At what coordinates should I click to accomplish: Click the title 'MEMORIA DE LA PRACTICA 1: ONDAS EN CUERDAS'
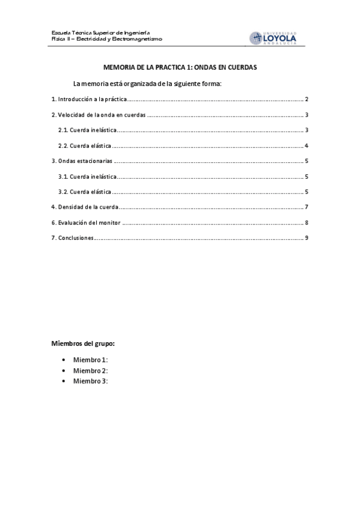[x=180, y=68]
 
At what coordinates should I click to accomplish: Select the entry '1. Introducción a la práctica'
[x=88, y=99]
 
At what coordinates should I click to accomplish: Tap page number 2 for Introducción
[x=307, y=99]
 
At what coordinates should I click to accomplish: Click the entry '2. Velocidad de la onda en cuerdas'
[x=98, y=115]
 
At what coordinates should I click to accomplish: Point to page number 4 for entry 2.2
[x=307, y=146]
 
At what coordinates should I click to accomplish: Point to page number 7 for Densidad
[x=307, y=207]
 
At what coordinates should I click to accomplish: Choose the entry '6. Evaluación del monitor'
[x=86, y=223]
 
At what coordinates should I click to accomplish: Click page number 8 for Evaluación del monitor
[x=307, y=223]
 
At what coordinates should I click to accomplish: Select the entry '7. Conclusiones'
[x=72, y=238]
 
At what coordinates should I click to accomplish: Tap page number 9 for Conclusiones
[x=307, y=238]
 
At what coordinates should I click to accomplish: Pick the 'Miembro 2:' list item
[x=91, y=370]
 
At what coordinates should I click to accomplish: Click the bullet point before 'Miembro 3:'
[x=63, y=381]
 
